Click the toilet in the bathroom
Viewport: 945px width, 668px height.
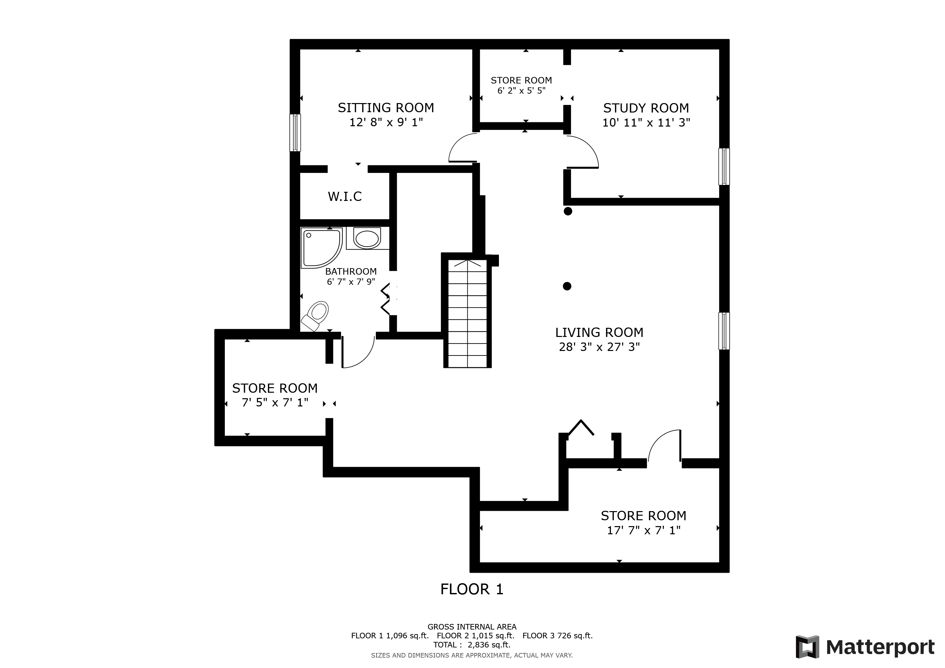click(x=315, y=316)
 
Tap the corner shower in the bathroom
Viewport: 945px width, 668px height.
click(x=321, y=248)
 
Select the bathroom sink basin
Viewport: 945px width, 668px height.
click(x=367, y=238)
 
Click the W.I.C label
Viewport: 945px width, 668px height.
click(x=345, y=197)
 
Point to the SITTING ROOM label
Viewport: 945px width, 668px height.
click(x=386, y=108)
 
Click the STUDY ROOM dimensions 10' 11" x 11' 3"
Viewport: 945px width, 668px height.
click(x=646, y=123)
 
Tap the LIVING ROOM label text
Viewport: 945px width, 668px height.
click(x=599, y=332)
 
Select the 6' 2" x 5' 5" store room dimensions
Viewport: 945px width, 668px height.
click(x=521, y=90)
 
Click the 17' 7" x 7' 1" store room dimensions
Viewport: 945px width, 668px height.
click(x=644, y=531)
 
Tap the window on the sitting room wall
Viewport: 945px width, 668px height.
click(x=295, y=132)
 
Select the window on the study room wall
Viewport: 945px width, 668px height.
click(x=724, y=167)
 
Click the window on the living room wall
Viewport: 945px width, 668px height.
click(x=724, y=331)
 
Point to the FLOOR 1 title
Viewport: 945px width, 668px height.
click(x=472, y=589)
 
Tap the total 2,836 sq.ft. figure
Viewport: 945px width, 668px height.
click(x=490, y=645)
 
